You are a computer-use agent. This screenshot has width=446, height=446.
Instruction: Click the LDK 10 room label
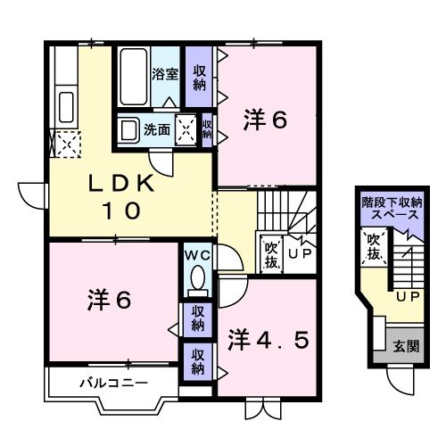(120, 197)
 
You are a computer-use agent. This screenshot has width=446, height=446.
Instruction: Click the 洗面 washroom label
(160, 128)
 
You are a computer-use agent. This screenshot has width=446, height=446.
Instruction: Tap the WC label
(196, 254)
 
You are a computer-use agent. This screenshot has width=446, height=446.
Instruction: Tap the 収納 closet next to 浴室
(200, 77)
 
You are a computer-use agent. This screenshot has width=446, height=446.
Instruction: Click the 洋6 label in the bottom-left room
(109, 300)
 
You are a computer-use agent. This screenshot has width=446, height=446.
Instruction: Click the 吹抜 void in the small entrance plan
(373, 250)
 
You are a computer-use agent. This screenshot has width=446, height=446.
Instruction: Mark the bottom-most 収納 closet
(197, 362)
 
